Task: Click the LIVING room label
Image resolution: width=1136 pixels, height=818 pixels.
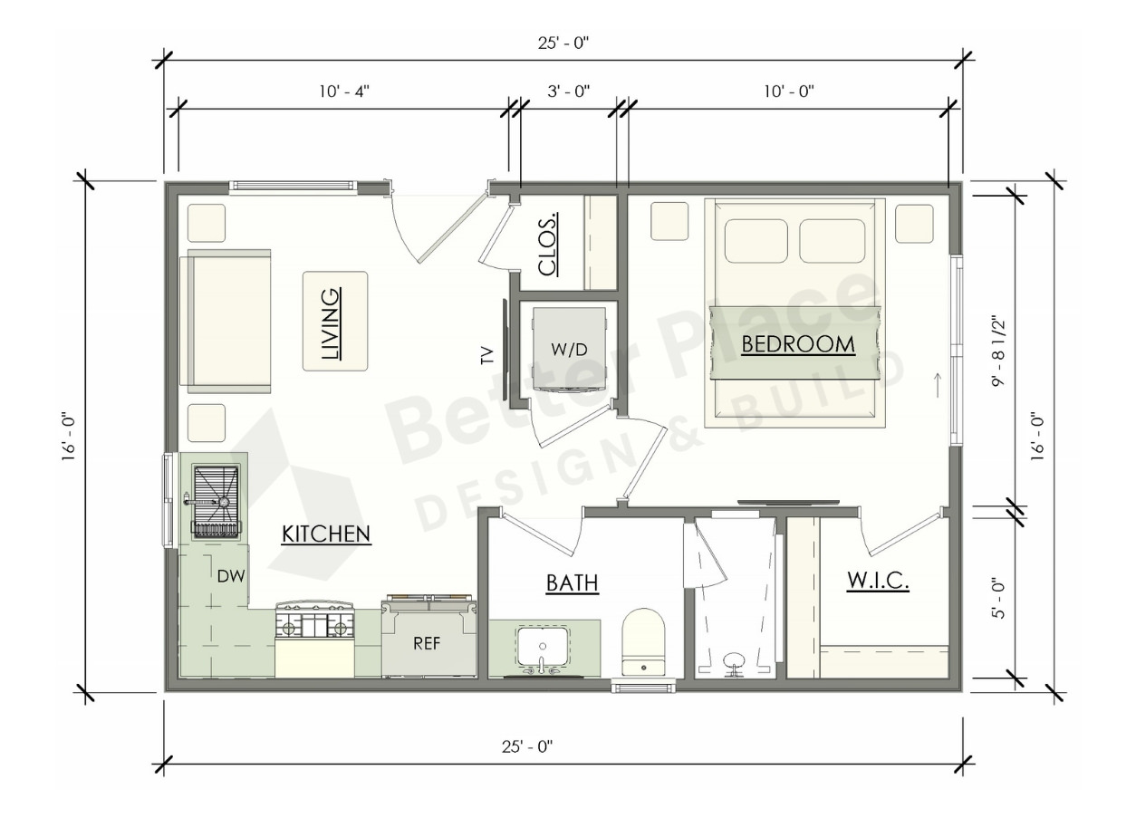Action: [x=332, y=324]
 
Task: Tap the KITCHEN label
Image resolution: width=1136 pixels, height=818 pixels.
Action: [x=326, y=534]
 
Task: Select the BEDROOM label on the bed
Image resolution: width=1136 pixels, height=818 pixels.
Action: [x=798, y=345]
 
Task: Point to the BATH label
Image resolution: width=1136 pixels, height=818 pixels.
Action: [x=572, y=583]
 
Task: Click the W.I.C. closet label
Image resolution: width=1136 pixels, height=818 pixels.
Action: [x=878, y=581]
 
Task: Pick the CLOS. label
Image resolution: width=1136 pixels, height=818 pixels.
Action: [x=548, y=245]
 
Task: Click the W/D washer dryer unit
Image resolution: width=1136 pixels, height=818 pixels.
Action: [x=569, y=350]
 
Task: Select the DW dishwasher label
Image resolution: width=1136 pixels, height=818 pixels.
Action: [x=231, y=576]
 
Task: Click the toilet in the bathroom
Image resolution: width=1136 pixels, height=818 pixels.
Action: [x=643, y=642]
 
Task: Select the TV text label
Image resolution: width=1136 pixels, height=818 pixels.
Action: [x=486, y=355]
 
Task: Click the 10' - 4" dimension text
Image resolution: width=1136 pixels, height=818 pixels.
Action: [x=344, y=91]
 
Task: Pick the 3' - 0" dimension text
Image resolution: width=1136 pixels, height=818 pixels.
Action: [x=569, y=91]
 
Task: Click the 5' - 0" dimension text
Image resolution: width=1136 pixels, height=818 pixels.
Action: [x=998, y=599]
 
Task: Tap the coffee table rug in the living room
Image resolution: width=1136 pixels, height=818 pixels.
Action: [x=335, y=321]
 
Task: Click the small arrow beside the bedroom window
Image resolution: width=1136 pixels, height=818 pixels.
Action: [x=938, y=384]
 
